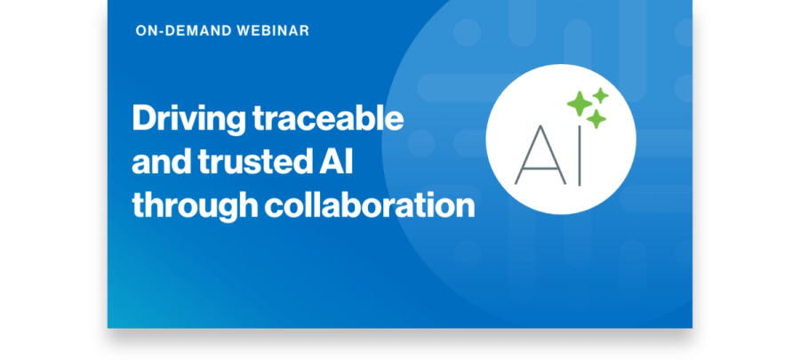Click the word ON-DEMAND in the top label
pyautogui.click(x=183, y=30)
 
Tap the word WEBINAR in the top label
pyautogui.click(x=273, y=30)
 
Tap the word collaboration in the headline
pyautogui.click(x=370, y=205)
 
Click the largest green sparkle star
pyautogui.click(x=580, y=103)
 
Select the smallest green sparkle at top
pyautogui.click(x=601, y=95)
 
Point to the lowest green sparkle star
pyautogui.click(x=596, y=119)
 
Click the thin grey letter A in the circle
pyautogui.click(x=540, y=155)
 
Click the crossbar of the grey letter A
pyautogui.click(x=540, y=165)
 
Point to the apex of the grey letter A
pyautogui.click(x=540, y=126)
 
